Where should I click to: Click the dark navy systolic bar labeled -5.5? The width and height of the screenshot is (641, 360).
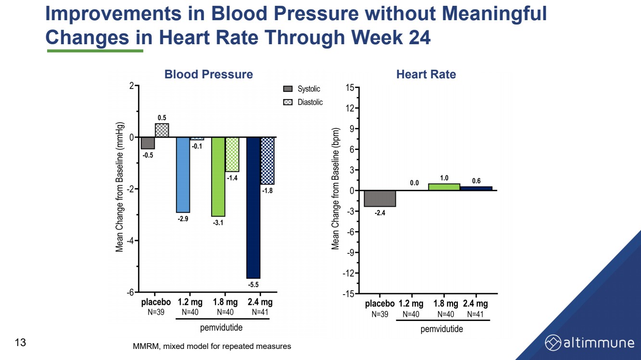click(x=253, y=208)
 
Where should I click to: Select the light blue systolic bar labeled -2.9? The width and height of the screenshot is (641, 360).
click(x=183, y=174)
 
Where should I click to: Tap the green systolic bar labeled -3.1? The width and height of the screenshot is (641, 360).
click(x=218, y=176)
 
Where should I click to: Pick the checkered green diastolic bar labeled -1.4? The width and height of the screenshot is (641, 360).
click(x=232, y=154)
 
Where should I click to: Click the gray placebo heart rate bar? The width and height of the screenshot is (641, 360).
click(x=380, y=199)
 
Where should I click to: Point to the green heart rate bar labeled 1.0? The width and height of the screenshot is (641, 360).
click(x=444, y=187)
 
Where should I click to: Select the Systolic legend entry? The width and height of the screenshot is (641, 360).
click(x=302, y=89)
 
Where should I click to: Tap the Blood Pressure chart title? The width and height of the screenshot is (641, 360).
click(x=208, y=74)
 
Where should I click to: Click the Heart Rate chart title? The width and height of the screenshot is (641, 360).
click(x=426, y=74)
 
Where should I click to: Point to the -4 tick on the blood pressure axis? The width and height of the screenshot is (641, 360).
click(x=131, y=240)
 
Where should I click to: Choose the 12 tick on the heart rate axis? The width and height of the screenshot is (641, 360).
click(x=350, y=108)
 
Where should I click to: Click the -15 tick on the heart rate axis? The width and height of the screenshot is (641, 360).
click(x=348, y=294)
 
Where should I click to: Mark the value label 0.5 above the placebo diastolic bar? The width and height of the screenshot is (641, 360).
click(x=162, y=118)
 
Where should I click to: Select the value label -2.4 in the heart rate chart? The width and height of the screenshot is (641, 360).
click(x=380, y=213)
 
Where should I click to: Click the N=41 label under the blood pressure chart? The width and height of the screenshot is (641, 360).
click(x=260, y=312)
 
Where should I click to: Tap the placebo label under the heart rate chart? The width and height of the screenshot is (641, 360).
click(x=379, y=304)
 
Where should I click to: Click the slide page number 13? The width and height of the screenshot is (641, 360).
click(x=20, y=343)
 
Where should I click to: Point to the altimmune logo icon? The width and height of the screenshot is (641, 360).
click(x=553, y=343)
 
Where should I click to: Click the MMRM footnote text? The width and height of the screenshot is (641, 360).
click(x=212, y=346)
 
